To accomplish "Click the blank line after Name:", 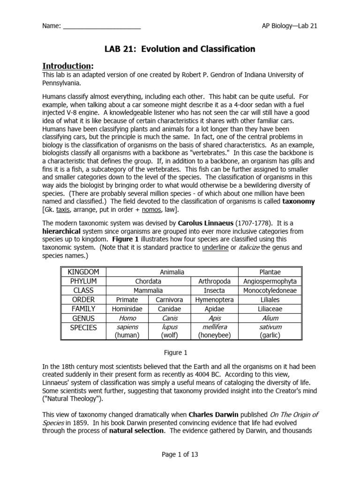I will click(x=102, y=26).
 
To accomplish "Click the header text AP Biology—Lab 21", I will click(x=290, y=26).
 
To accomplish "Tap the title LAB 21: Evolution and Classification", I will click(x=180, y=49).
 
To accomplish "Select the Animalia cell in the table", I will click(x=172, y=272).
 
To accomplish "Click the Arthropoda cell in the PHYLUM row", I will click(x=214, y=281).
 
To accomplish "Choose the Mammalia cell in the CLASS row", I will click(x=148, y=291).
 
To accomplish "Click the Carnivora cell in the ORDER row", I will click(x=169, y=300).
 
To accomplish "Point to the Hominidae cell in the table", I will click(x=127, y=309).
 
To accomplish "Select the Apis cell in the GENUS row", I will click(x=214, y=318).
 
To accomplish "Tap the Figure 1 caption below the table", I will click(x=180, y=352).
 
